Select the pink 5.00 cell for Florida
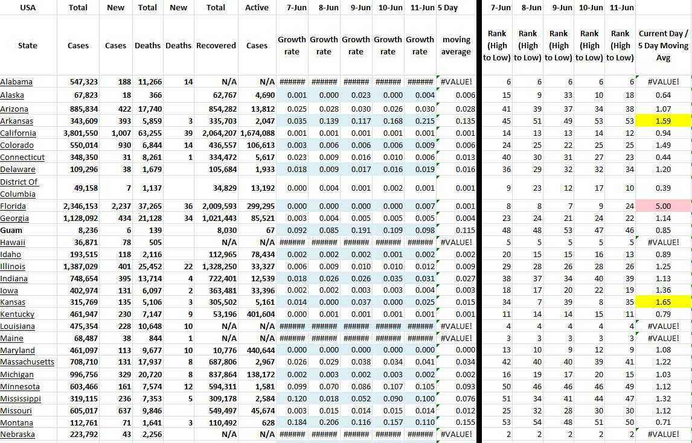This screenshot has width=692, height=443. (663, 206)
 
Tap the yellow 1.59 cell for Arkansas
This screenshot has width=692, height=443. (663, 121)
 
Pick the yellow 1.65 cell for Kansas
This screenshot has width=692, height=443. (663, 302)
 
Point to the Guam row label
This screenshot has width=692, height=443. (11, 230)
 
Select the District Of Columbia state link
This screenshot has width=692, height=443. (19, 188)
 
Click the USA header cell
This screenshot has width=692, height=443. (28, 8)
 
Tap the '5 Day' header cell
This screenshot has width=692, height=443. (447, 8)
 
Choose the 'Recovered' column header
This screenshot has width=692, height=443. (216, 46)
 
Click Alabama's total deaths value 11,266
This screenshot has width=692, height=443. (147, 82)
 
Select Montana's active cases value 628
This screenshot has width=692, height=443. (266, 422)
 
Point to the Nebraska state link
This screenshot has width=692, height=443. (18, 435)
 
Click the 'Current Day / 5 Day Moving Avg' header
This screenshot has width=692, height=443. (663, 46)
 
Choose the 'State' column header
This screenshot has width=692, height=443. (28, 46)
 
